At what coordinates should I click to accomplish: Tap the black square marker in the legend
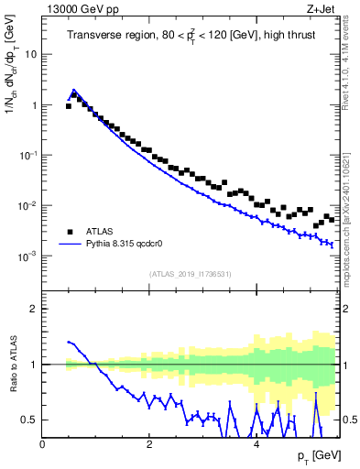(70, 232)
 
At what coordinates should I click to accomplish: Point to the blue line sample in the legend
(70, 245)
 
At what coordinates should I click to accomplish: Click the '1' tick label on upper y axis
(33, 105)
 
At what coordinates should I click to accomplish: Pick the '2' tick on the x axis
(149, 444)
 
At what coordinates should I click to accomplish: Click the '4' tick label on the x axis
(256, 444)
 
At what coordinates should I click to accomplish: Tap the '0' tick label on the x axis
(43, 444)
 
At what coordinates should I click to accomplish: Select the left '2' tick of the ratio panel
(33, 309)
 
